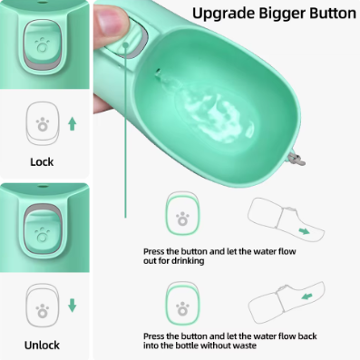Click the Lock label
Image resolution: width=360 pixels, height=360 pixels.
point(42,162)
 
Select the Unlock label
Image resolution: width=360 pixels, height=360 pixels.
point(42,345)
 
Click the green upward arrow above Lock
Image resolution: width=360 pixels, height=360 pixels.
point(72,124)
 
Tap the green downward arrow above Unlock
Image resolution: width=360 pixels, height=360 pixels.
point(72,306)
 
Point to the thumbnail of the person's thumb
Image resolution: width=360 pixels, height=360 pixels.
point(110,19)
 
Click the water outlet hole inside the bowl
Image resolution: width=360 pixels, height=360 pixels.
point(158,72)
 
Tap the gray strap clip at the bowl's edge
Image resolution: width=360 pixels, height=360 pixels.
point(297,159)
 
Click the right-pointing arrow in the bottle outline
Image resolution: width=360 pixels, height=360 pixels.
point(304,231)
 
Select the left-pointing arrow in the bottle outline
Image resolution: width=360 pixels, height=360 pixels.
point(306,297)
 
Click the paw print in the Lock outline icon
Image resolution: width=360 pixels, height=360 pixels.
point(43,124)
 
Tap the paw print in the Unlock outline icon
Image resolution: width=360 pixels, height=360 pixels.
point(43,311)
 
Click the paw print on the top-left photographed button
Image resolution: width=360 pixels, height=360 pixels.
point(43,45)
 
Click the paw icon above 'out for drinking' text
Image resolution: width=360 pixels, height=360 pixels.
point(182,219)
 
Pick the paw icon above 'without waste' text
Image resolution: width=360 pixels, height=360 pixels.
point(182,308)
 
